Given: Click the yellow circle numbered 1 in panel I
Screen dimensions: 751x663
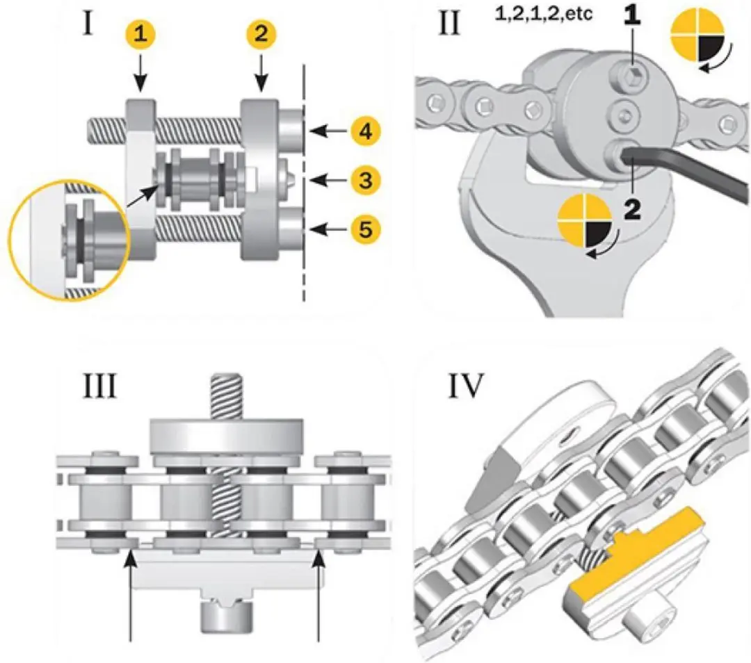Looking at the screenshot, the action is coord(140,34).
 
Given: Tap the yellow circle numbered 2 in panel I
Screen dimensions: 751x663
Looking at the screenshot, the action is coord(261,34).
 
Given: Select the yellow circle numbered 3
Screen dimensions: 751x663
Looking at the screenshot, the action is coord(366,180).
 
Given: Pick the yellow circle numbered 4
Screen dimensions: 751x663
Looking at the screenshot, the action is coord(366,131).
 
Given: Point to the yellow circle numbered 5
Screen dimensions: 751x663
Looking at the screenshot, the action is coord(366,229).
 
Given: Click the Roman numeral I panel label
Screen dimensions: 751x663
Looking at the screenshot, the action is coord(88,23).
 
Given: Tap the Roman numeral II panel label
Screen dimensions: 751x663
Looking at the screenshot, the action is coord(449,23).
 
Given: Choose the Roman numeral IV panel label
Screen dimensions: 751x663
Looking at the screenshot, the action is coord(465,386).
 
